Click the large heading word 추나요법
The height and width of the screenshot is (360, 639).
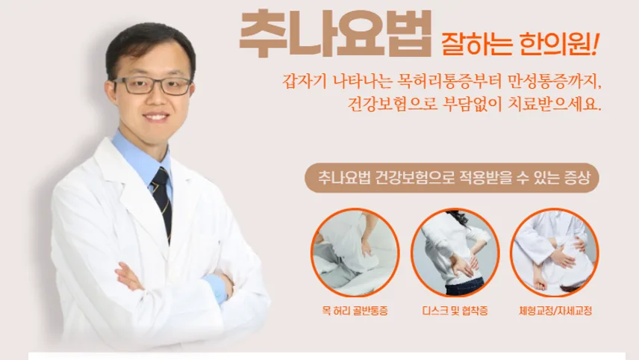tap(335, 34)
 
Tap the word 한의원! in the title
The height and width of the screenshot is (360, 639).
tap(559, 44)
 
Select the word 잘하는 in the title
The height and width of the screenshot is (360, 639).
tap(476, 44)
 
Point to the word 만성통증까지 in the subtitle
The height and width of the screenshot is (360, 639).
tap(555, 81)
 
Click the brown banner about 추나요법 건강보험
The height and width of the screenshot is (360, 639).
tap(452, 178)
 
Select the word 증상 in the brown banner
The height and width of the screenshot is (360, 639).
tap(577, 178)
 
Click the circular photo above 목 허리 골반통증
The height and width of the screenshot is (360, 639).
tap(355, 252)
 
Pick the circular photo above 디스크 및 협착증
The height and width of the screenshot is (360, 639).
tap(455, 252)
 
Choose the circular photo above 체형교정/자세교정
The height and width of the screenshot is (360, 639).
tap(554, 252)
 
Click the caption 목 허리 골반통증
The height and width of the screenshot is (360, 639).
tap(355, 311)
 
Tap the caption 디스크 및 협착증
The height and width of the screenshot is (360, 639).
tap(455, 311)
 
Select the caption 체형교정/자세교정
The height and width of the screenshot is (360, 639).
tap(555, 311)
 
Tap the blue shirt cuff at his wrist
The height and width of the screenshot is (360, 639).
tap(216, 288)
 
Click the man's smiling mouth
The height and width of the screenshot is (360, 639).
tap(157, 117)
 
